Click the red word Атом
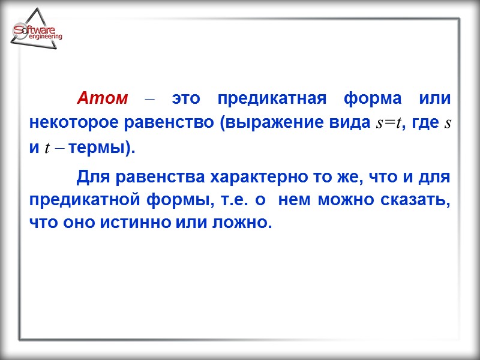point(102,98)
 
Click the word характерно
point(255,176)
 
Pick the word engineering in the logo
point(45,37)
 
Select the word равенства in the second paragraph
point(150,176)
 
